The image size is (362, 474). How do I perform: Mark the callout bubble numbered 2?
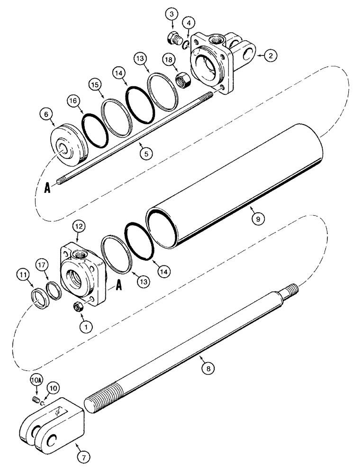270,56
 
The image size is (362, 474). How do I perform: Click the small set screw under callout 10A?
36,401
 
